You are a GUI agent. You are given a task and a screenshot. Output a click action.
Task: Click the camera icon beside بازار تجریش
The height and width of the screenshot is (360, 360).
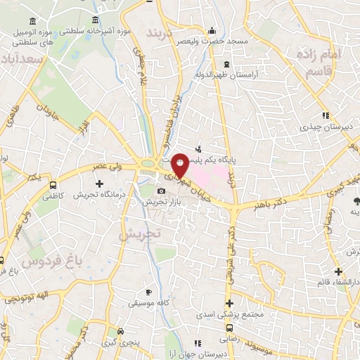(x=162, y=191)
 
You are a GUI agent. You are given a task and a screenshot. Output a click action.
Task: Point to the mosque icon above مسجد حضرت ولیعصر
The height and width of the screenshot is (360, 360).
(x=212, y=30)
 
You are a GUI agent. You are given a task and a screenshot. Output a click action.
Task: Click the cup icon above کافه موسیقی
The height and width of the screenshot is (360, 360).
(x=148, y=292)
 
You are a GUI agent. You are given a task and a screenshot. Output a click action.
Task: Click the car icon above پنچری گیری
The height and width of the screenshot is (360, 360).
(x=121, y=330)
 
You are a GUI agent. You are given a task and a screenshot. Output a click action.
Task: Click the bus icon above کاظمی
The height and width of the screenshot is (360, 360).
(x=54, y=185)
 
